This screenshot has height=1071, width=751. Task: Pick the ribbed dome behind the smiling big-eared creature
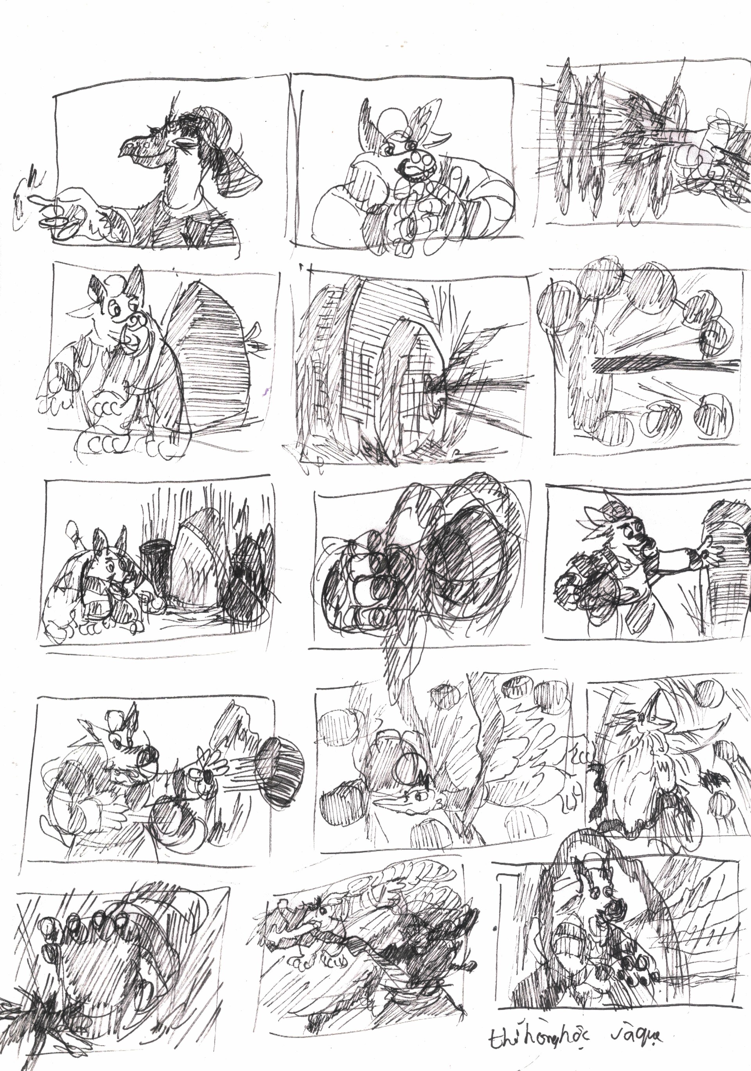pyautogui.click(x=212, y=348)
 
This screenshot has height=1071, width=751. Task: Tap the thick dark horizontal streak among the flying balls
pyautogui.click(x=663, y=364)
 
